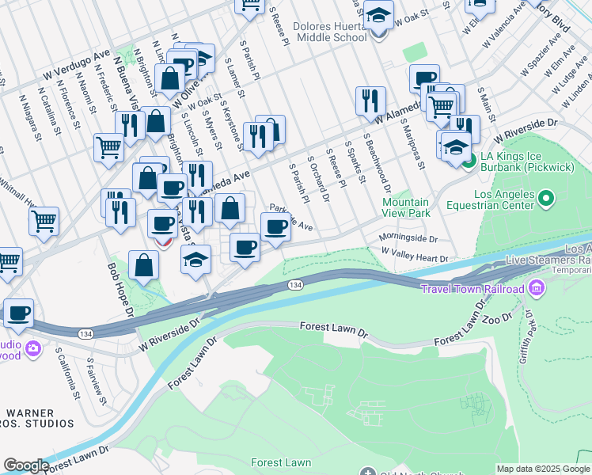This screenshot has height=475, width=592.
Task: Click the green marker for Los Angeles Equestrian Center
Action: [545, 199]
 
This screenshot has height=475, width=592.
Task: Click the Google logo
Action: [26, 465]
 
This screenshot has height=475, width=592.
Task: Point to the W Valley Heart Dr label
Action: [414, 255]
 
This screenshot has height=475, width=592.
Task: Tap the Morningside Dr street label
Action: [408, 237]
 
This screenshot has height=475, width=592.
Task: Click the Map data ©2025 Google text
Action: [543, 469]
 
